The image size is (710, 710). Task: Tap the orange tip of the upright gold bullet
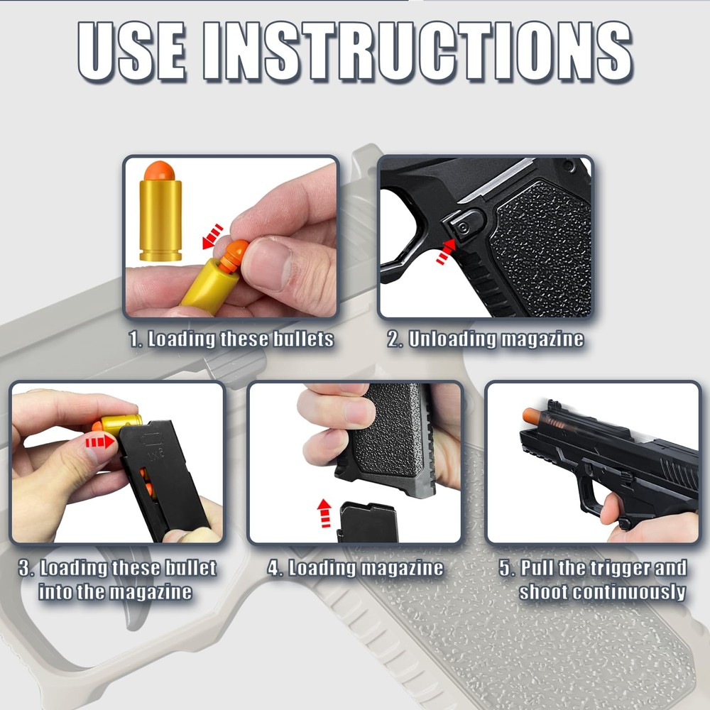pos(160,171)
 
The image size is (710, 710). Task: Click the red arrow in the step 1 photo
pos(213,238)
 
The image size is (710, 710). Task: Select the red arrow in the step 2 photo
pos(445,251)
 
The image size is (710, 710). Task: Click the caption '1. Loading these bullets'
pos(231,339)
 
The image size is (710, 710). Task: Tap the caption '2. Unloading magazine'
pos(486,339)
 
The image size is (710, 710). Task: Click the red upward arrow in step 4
pos(324,512)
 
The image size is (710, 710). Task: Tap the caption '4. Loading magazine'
pos(355,568)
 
